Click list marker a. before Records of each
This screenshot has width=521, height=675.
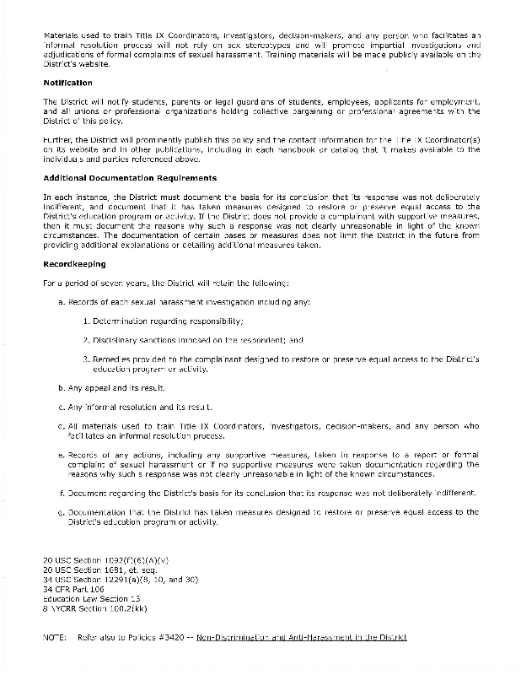[x=62, y=301]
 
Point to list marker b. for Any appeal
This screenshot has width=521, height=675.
[x=62, y=388]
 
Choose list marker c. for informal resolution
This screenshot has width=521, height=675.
[x=62, y=407]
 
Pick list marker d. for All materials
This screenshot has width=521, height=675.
[x=62, y=426]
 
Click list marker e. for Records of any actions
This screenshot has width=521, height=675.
[x=62, y=455]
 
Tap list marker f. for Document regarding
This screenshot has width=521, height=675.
[x=62, y=492]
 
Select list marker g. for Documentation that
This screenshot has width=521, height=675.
[x=62, y=511]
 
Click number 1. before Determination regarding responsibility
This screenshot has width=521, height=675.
[x=87, y=321]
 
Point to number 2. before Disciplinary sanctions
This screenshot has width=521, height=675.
[x=87, y=339]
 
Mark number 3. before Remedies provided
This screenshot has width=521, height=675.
[x=87, y=359]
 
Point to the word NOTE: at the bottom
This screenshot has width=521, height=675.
[x=54, y=637]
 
